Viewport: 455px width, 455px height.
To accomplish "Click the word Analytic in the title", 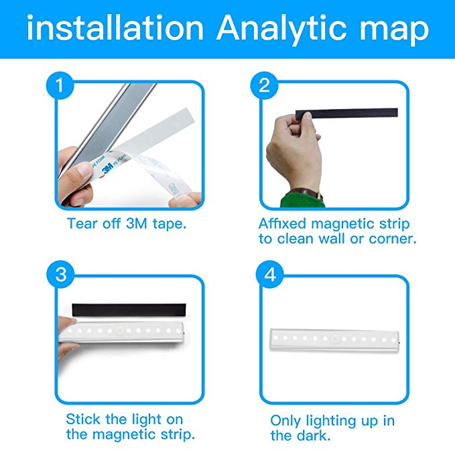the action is (x=281, y=29).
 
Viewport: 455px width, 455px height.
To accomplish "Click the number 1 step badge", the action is (x=60, y=85).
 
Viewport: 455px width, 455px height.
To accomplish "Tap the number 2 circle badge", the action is (x=264, y=85).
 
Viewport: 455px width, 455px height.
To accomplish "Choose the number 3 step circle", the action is (x=60, y=274).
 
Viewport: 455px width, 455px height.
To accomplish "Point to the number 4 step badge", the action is (x=270, y=274).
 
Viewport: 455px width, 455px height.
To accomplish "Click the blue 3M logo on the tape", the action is (x=108, y=168).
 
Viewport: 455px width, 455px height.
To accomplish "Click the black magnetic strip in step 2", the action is (x=346, y=113).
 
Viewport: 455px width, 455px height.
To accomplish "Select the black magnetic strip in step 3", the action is (x=129, y=310).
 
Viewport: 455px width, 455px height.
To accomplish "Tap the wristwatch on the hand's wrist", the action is (x=305, y=194).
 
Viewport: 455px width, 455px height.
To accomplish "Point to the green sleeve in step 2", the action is (x=302, y=201).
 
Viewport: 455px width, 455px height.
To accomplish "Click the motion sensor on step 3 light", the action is (x=119, y=330).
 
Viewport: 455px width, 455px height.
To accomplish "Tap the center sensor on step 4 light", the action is (x=334, y=338).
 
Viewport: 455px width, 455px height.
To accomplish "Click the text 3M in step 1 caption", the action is (x=137, y=224).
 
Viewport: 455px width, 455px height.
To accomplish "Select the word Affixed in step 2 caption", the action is (x=282, y=223).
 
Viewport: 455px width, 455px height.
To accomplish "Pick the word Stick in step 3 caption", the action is (x=83, y=419).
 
